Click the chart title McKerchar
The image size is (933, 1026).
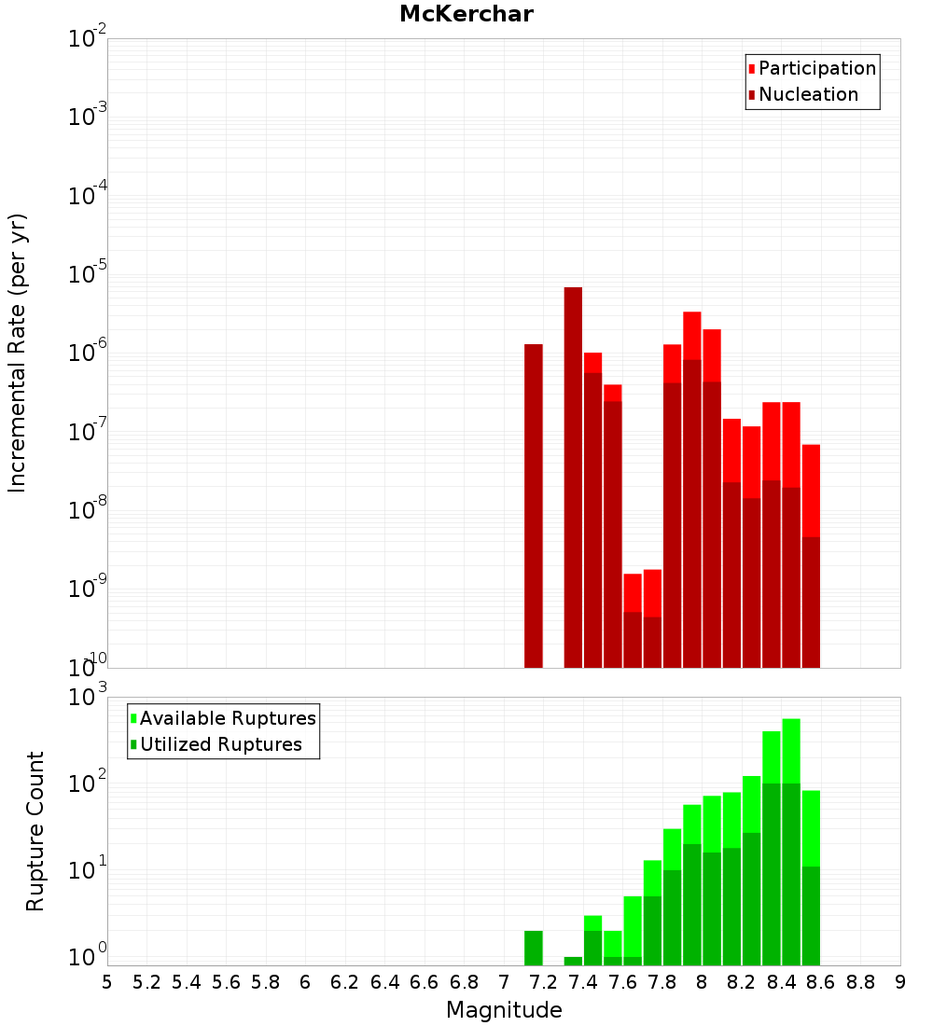point(466,14)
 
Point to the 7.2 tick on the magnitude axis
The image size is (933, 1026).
point(543,982)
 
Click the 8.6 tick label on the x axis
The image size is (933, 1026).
point(821,982)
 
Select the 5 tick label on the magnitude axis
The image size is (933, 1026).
point(107,982)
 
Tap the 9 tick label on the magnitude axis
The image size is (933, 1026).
point(900,982)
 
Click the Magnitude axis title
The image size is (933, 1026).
point(504,1010)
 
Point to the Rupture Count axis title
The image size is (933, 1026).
point(35,831)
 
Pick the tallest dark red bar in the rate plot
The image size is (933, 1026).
point(573,477)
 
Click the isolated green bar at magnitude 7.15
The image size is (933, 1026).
point(534,948)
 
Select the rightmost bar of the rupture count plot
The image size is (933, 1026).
point(811,878)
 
